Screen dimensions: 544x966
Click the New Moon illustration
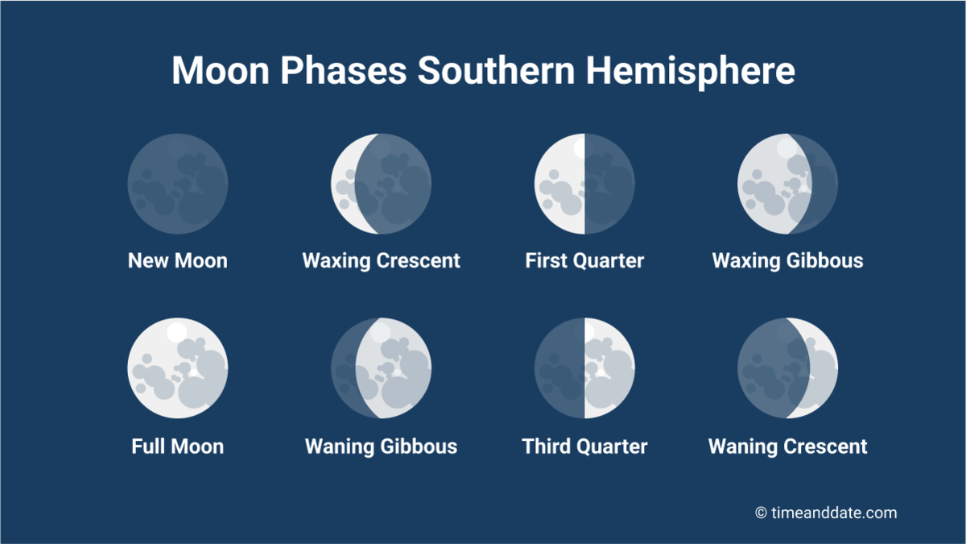[x=178, y=184]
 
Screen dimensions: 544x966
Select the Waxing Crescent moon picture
[x=381, y=184]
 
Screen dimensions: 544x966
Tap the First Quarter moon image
[x=584, y=184]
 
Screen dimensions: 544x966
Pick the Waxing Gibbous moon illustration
[x=787, y=184]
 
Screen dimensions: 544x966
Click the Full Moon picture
[x=178, y=368]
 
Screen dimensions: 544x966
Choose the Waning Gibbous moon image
[x=381, y=368]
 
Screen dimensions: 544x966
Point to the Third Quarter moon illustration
[x=584, y=368]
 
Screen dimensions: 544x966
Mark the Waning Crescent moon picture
[x=787, y=368]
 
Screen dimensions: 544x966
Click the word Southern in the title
[x=496, y=71]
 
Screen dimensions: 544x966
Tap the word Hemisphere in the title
[x=690, y=71]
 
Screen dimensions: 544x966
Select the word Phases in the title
[x=344, y=71]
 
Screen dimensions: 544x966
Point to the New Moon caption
[x=178, y=261]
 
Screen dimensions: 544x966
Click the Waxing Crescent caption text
[x=381, y=261]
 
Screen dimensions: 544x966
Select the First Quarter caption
[x=584, y=261]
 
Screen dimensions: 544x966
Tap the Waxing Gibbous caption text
[x=787, y=261]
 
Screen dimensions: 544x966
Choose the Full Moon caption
[x=178, y=446]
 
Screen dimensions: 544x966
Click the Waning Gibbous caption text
[x=381, y=446]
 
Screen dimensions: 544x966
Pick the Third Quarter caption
[x=584, y=446]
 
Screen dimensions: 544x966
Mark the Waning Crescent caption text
[x=787, y=446]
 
